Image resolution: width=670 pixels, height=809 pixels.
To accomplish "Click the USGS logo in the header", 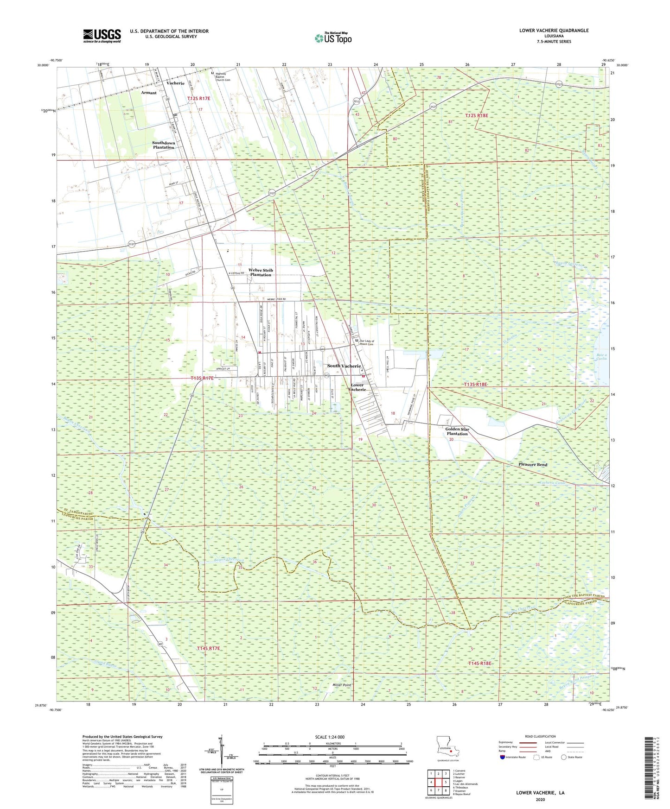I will click(102, 36).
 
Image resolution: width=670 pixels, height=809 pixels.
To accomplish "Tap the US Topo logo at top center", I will click(333, 38).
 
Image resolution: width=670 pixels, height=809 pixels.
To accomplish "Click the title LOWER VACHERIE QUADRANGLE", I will click(554, 31).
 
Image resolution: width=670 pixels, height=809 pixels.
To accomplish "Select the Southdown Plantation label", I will click(164, 145).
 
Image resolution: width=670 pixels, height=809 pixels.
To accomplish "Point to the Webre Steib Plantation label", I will click(261, 272).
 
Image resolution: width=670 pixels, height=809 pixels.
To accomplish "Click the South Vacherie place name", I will click(344, 366).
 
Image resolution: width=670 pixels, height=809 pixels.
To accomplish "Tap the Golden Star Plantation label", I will click(457, 431).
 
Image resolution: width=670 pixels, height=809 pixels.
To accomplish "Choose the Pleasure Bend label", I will click(533, 464).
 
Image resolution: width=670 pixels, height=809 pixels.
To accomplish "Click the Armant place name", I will click(149, 93).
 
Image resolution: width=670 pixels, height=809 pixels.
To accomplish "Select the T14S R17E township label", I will click(208, 648).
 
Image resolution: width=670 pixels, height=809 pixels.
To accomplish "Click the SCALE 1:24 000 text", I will click(330, 737).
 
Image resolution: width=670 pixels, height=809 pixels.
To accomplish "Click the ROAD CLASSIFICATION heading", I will click(540, 736).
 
